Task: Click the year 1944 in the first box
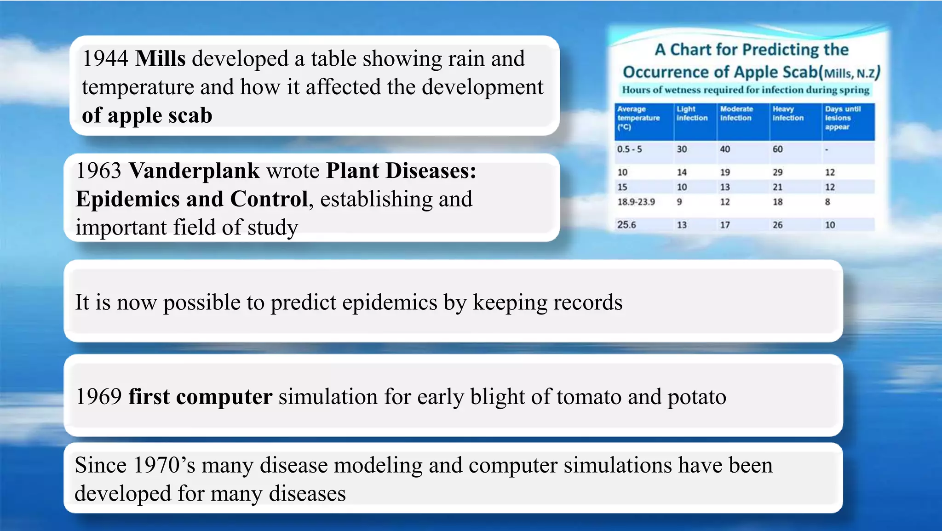[105, 59]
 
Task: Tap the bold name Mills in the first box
[161, 59]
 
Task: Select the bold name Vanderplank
[194, 171]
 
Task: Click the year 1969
[98, 397]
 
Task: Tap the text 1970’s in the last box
[164, 465]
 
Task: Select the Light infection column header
[692, 114]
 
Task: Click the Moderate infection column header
[736, 114]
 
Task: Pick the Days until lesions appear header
[842, 118]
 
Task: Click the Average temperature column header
[638, 118]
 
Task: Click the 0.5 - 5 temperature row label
[629, 149]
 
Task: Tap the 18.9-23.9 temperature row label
[636, 202]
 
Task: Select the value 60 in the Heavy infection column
[777, 149]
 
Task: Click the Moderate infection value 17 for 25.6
[725, 225]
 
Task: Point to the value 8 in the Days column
[827, 202]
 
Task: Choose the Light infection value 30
[682, 149]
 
